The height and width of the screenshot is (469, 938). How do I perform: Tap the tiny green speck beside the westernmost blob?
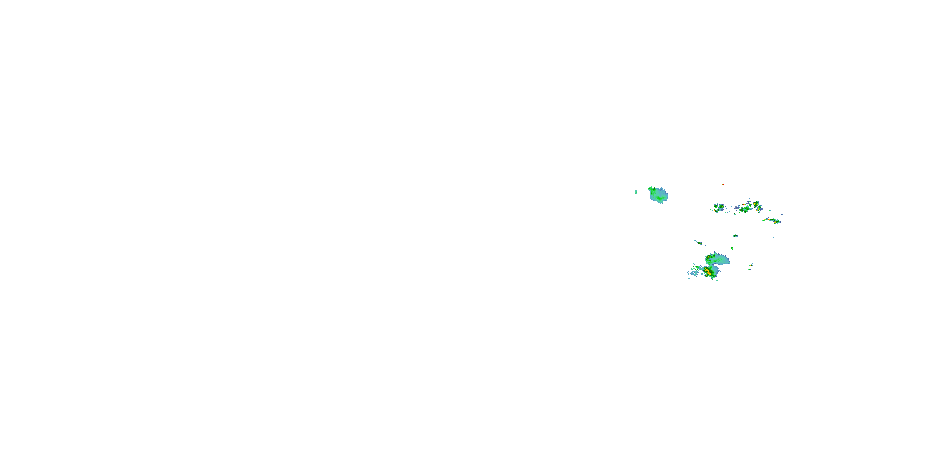pos(636,192)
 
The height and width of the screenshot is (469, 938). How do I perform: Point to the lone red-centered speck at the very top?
pos(723,184)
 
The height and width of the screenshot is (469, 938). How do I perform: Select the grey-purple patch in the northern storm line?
pos(737,208)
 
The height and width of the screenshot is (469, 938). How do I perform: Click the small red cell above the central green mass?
pos(744,205)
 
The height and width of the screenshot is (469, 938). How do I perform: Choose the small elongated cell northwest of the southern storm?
pos(699,243)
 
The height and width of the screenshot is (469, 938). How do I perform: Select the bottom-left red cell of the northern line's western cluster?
pos(717,210)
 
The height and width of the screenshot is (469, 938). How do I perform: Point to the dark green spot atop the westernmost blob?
pos(651,189)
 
